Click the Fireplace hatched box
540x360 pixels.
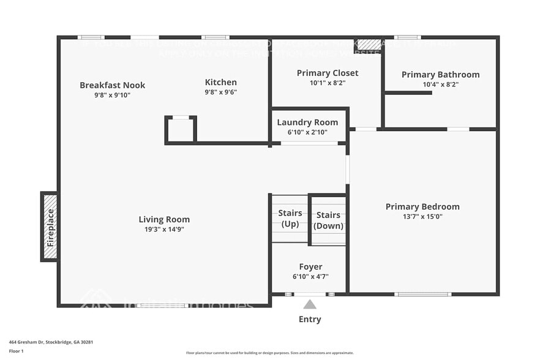click(x=50, y=227)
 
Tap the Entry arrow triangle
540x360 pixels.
click(x=310, y=304)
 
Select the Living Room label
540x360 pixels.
click(x=164, y=219)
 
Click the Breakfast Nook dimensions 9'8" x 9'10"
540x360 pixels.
click(x=112, y=95)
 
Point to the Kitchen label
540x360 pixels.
click(x=220, y=82)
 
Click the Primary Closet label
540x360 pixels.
click(x=328, y=73)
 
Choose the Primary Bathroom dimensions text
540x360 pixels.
click(x=440, y=84)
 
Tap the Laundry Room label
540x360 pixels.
click(x=307, y=122)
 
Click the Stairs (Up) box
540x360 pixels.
click(x=290, y=219)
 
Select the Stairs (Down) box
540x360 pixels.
click(x=328, y=220)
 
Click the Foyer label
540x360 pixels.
click(x=310, y=266)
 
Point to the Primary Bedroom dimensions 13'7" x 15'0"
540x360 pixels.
click(x=422, y=216)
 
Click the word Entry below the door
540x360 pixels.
click(x=310, y=319)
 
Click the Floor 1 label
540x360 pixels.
click(x=16, y=351)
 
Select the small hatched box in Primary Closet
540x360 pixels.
click(x=369, y=45)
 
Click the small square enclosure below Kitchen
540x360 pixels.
click(x=181, y=130)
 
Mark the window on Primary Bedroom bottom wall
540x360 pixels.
click(x=422, y=294)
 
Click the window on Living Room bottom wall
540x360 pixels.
click(x=160, y=305)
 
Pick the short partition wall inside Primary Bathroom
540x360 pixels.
click(x=408, y=92)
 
